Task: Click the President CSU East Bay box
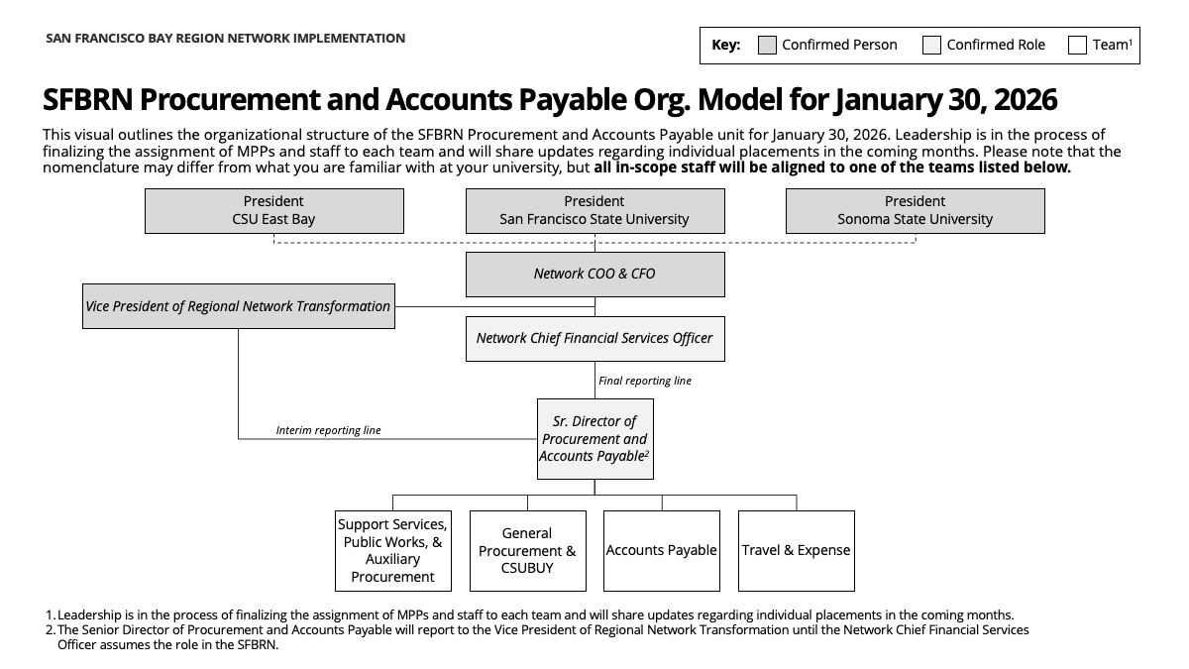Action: coord(273,211)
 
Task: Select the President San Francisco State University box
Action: coord(594,211)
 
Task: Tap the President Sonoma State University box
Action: coord(915,211)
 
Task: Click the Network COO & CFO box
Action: coord(594,275)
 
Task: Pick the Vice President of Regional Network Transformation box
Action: coord(238,306)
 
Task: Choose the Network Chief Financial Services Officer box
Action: coord(594,339)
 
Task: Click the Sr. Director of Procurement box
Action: coord(594,439)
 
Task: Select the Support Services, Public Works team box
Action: coord(392,551)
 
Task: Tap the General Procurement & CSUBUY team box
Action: coord(527,551)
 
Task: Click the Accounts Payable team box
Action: coord(662,551)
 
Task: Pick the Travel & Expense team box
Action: coord(796,551)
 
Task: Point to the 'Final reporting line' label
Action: coord(645,381)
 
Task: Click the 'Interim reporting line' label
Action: coord(328,431)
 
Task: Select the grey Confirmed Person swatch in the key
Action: coord(767,46)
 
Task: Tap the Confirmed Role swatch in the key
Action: coord(931,46)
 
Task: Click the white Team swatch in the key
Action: coord(1077,46)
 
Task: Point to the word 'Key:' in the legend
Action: coord(726,45)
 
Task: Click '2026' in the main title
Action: coord(1022,100)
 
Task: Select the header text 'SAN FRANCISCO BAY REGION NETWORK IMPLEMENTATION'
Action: coord(225,39)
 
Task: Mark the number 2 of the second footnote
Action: coord(50,630)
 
